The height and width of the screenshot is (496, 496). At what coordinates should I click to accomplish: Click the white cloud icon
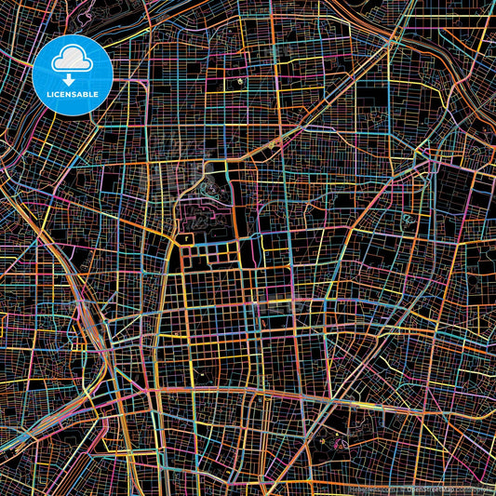coord(72,60)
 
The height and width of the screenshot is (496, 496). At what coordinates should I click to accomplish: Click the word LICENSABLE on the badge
coord(72,94)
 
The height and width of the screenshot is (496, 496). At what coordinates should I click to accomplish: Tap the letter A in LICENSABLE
coord(81,94)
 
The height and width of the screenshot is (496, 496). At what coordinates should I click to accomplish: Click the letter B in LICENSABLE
coord(87,94)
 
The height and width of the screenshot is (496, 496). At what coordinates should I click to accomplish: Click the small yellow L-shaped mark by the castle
coord(188,238)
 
